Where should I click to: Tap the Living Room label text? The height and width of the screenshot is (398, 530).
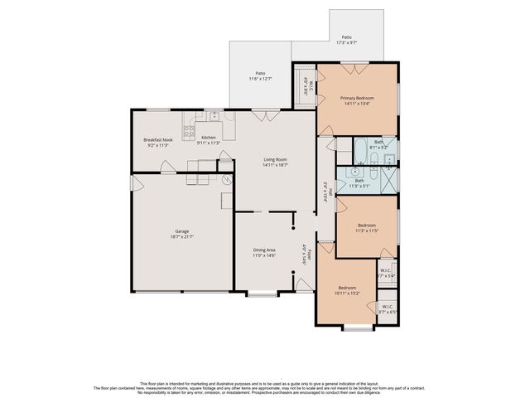(x=275, y=163)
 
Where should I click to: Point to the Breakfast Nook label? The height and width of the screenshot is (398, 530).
(x=157, y=142)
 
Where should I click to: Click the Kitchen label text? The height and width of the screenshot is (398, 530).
(x=209, y=139)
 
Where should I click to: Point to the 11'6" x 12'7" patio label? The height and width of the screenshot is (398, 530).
(x=260, y=76)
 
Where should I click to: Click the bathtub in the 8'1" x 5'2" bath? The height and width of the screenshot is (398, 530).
(x=362, y=151)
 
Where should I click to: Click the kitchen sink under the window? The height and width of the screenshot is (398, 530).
(x=214, y=116)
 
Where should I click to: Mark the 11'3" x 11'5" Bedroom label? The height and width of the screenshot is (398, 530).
(x=366, y=228)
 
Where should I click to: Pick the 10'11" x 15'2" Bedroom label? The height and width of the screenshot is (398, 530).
(x=346, y=291)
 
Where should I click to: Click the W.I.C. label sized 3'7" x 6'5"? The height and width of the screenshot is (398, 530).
(x=388, y=310)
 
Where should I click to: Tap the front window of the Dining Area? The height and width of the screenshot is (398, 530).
(x=263, y=294)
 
